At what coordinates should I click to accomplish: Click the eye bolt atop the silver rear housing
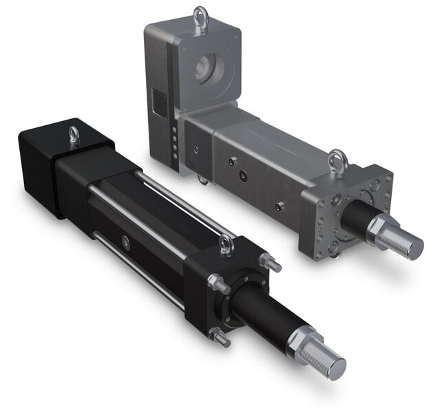click(200, 16)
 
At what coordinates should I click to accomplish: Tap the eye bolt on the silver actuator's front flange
click(337, 161)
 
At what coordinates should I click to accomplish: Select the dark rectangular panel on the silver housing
click(159, 103)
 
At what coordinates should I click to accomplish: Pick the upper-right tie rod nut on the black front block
click(270, 263)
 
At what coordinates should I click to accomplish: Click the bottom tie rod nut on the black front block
click(220, 336)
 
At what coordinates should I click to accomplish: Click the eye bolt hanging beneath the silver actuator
click(202, 180)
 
